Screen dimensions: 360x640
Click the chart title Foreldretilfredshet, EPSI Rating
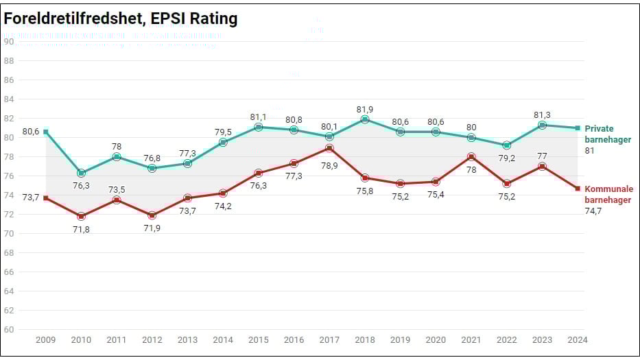(x=121, y=19)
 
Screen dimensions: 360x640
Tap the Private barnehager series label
(x=599, y=134)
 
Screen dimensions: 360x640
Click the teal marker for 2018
(x=365, y=119)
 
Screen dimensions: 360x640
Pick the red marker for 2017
(x=329, y=148)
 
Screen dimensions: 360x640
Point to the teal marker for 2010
(x=81, y=173)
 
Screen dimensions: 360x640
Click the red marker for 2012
(x=152, y=215)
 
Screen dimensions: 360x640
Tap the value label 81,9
(x=365, y=108)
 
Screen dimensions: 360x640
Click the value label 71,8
(x=81, y=230)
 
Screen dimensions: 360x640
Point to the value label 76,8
(x=152, y=157)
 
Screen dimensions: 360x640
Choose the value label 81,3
(x=542, y=115)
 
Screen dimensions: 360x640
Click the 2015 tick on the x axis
(x=258, y=339)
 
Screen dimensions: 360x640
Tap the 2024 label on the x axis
(x=578, y=339)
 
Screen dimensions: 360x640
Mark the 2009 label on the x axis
(x=45, y=339)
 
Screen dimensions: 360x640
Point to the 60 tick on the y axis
(x=9, y=329)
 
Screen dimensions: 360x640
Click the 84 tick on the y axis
(x=9, y=99)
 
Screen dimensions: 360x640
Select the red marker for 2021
(x=471, y=156)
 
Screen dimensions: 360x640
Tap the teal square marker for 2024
(x=578, y=128)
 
